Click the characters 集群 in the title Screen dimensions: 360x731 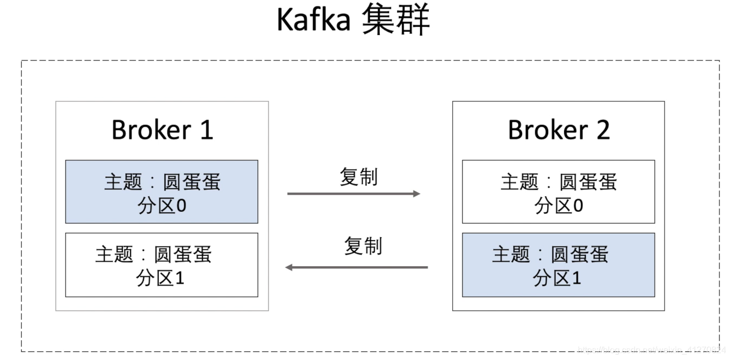point(396,20)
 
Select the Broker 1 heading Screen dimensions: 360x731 point(162,130)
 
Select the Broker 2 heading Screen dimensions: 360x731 point(559,130)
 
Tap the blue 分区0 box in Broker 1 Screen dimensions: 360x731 point(161,191)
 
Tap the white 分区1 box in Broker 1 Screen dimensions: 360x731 point(161,265)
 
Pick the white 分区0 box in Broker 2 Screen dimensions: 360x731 point(558,191)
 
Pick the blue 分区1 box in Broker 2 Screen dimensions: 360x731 point(558,265)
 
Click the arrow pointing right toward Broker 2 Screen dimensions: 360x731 point(353,194)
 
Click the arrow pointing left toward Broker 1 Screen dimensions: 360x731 point(357,267)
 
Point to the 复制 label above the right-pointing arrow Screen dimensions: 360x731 point(358,177)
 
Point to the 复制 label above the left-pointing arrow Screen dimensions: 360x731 point(363,246)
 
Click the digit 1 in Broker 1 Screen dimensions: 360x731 point(206,130)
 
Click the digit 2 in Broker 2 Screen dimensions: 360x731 point(602,130)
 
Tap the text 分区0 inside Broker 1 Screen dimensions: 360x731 point(162,206)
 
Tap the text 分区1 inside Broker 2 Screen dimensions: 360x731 point(557,279)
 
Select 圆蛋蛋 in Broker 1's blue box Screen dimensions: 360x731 point(191,182)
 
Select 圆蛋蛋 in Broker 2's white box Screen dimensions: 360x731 point(588,182)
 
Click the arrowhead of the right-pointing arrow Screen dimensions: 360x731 point(417,194)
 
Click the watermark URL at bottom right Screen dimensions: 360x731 point(651,349)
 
